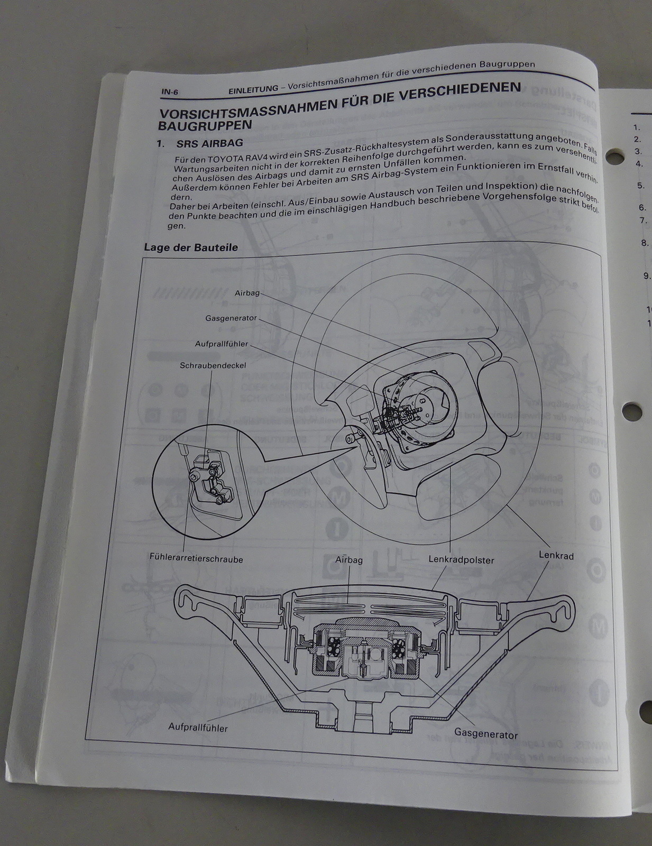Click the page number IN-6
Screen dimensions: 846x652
[x=170, y=91]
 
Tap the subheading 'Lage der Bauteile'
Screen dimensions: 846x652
[x=191, y=247]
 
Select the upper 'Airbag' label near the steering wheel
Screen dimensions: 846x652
[x=247, y=292]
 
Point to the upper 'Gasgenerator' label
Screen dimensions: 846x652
[x=231, y=318]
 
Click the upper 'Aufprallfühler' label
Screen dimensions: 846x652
[x=222, y=344]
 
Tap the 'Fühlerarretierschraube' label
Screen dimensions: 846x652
[x=196, y=558]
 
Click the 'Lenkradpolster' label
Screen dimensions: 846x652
[x=461, y=559]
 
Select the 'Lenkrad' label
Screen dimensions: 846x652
[x=556, y=556]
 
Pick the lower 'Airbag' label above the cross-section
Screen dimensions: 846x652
[x=349, y=559]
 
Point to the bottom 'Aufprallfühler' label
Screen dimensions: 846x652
[x=198, y=728]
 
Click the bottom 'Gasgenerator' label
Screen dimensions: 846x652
[x=486, y=734]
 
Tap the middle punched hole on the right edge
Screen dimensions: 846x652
[x=631, y=410]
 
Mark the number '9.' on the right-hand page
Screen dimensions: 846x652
[x=647, y=275]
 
